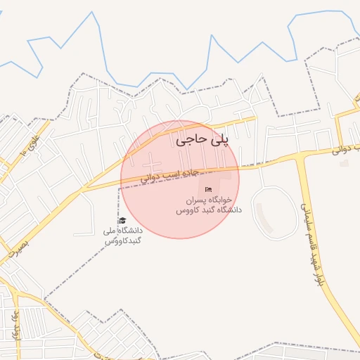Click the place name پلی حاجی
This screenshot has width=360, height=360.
point(202,140)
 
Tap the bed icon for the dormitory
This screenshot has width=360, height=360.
point(208,189)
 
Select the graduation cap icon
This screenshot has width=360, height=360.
point(123,220)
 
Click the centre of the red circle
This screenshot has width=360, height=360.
point(180,179)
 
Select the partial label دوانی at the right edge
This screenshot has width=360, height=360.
point(349,148)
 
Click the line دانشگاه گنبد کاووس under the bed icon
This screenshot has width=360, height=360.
point(208,210)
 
